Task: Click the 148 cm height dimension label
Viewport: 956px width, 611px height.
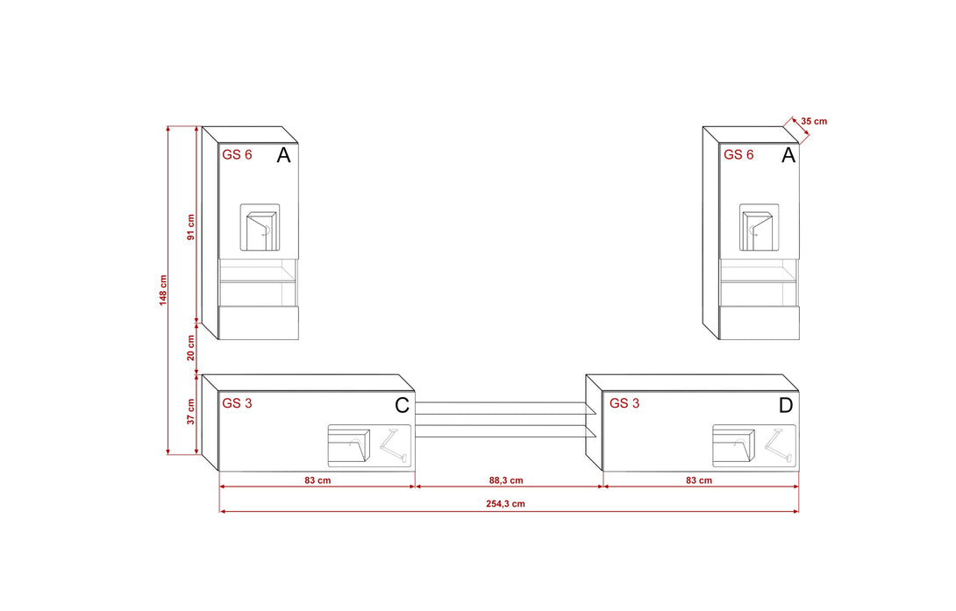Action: [163, 290]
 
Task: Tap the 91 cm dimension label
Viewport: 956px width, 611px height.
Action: [191, 227]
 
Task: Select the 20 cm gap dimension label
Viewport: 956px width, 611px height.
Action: [191, 348]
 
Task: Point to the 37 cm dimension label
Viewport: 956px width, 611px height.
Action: [191, 412]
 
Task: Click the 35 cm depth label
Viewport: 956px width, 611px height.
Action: [814, 121]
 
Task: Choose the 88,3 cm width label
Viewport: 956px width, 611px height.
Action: [506, 480]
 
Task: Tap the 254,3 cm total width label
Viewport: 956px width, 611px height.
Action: [505, 504]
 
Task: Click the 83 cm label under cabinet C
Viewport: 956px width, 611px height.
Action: [317, 480]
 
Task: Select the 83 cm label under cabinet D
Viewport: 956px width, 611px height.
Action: [699, 480]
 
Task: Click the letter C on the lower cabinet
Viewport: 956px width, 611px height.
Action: [402, 405]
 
